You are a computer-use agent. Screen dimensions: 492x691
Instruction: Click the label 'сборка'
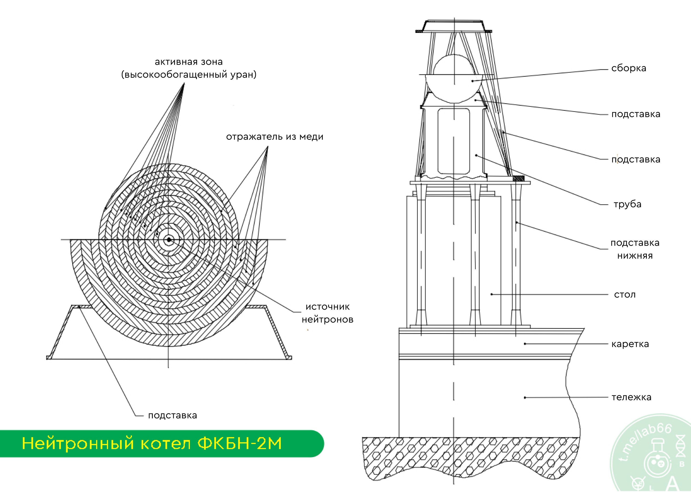point(629,68)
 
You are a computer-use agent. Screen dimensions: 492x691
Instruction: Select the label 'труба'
point(627,204)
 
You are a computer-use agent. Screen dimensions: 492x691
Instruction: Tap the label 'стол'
point(625,294)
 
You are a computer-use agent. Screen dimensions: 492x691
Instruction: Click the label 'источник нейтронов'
point(328,313)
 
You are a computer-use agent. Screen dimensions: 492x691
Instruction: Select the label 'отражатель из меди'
point(275,137)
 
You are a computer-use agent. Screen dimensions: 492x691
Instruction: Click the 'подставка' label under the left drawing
point(173,415)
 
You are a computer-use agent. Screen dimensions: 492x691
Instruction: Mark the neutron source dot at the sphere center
point(169,240)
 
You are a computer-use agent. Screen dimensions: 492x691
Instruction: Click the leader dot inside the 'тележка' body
point(525,397)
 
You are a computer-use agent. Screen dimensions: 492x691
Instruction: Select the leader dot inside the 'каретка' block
point(525,344)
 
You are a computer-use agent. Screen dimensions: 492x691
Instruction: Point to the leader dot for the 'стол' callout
point(492,294)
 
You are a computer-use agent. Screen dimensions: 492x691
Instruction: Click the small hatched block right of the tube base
point(518,178)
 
